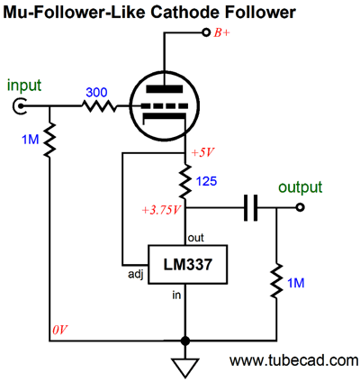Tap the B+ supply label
221,32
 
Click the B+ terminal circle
206,32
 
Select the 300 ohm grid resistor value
96,92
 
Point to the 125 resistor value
206,181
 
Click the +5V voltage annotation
203,152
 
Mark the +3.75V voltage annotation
161,210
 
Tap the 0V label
60,331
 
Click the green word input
24,85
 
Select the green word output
300,187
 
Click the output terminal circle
300,207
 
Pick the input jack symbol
20,106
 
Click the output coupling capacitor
250,207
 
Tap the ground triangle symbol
185,368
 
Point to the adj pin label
136,275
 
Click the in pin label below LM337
176,295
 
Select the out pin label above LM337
196,238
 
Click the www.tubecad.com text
293,360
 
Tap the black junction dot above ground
185,341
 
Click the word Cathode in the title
184,13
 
